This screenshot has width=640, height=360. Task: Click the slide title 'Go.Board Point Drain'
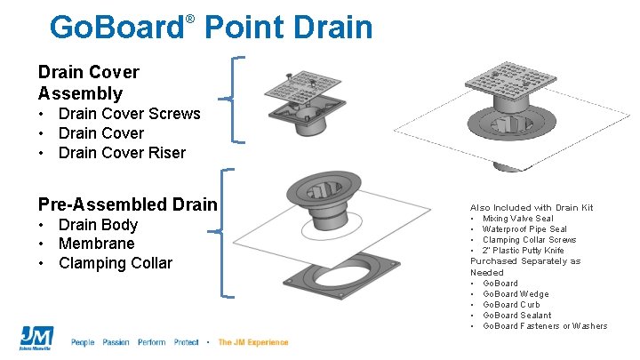[212, 28]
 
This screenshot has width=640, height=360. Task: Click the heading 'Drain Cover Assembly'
[88, 82]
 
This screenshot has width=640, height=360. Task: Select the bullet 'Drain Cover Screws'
[129, 114]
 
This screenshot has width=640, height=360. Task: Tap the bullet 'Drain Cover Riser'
[122, 153]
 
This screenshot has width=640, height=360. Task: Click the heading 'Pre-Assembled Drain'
[127, 204]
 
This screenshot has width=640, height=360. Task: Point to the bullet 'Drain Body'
[98, 224]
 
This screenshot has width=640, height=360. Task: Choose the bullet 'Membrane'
[96, 244]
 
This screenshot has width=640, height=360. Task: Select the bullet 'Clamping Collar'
[116, 263]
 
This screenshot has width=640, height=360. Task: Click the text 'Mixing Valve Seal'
[517, 219]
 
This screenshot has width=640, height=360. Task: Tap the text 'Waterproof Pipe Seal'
[524, 229]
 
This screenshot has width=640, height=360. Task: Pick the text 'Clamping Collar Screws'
[529, 240]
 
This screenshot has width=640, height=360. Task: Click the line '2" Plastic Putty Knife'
[523, 251]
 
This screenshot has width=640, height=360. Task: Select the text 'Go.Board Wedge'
[516, 294]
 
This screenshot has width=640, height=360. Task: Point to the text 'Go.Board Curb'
[511, 305]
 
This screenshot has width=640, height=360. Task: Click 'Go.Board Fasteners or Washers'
[545, 326]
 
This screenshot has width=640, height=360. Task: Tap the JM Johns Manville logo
[36, 338]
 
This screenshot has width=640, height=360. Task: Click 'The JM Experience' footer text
[253, 342]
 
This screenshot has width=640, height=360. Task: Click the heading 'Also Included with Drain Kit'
[532, 208]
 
